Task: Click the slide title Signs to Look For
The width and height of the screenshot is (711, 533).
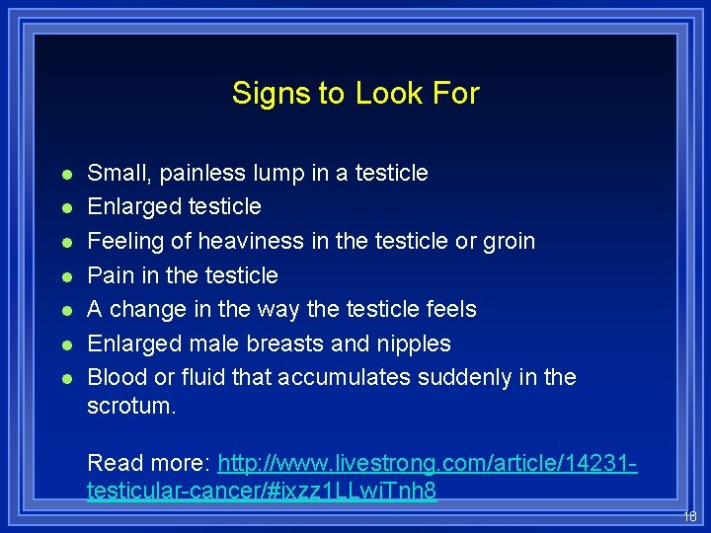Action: point(355,94)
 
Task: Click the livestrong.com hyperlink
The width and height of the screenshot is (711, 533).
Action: point(428,463)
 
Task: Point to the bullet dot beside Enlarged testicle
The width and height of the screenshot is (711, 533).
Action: point(64,208)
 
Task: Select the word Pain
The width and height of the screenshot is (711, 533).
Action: point(110,275)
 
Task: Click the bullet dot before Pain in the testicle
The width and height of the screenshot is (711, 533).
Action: point(64,276)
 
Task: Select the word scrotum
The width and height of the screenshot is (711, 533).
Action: point(129,406)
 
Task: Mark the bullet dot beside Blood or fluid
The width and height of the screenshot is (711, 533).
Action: point(64,379)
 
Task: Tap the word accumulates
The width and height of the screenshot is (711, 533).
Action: point(344,377)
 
